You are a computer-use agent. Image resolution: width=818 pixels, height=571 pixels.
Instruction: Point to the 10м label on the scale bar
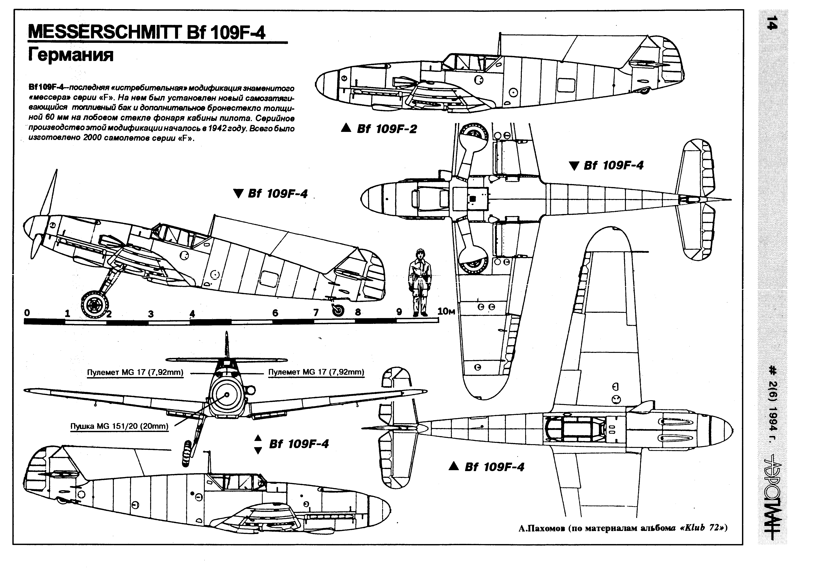point(446,312)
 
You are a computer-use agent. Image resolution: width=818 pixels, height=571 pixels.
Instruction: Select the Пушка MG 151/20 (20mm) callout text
point(119,426)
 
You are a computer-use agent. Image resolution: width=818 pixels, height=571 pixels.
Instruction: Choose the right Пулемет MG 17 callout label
point(316,372)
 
